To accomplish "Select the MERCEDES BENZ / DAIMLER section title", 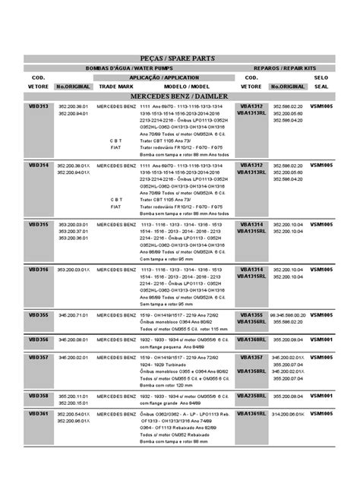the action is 179,97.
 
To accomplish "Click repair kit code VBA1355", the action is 251,314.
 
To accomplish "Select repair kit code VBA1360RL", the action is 251,339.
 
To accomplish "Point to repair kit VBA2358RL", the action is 251,396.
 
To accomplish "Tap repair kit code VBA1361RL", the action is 251,414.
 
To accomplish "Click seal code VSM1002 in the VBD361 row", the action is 322,414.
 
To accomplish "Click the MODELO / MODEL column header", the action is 179,87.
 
